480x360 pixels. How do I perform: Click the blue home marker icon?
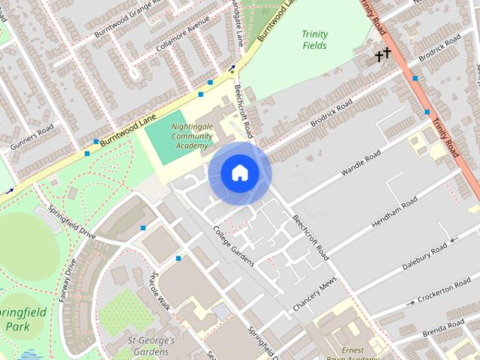pyautogui.click(x=239, y=173)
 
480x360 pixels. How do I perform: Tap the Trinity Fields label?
pyautogui.click(x=315, y=40)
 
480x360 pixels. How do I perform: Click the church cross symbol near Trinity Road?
pyautogui.click(x=384, y=54)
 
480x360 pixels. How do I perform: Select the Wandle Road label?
pyautogui.click(x=361, y=163)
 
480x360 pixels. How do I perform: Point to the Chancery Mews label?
pyautogui.click(x=314, y=296)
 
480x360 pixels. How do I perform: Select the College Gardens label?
pyautogui.click(x=233, y=246)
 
